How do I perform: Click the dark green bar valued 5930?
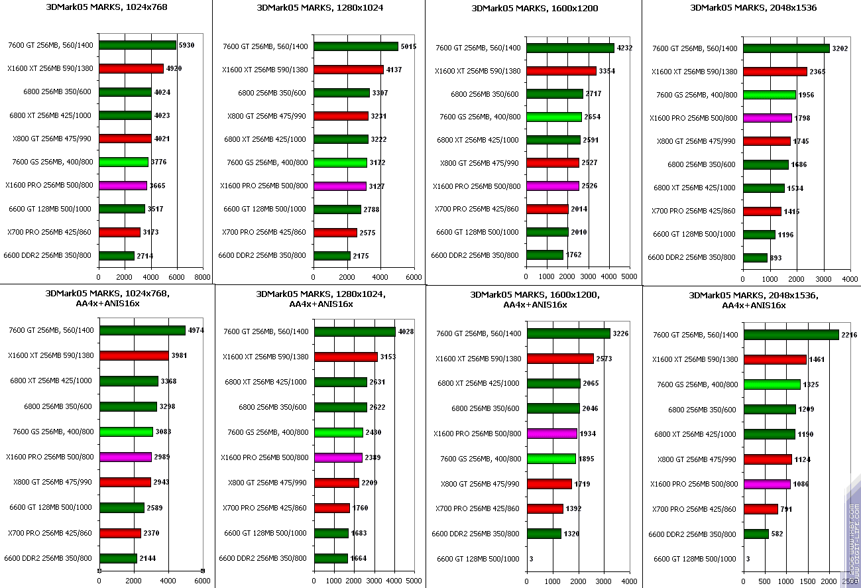(137, 45)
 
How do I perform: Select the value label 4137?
(394, 70)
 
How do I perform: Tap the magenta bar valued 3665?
(123, 186)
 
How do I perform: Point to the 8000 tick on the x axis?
(202, 277)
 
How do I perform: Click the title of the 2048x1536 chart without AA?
(753, 8)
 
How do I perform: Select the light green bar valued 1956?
(769, 95)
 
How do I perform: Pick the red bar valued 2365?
(775, 72)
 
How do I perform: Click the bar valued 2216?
(791, 335)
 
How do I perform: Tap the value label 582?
(777, 534)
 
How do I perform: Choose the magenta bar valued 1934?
(552, 434)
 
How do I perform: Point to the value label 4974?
(196, 330)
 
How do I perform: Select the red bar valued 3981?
(133, 355)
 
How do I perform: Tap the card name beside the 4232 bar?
(478, 48)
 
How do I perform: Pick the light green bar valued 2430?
(339, 432)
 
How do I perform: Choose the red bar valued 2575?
(335, 233)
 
